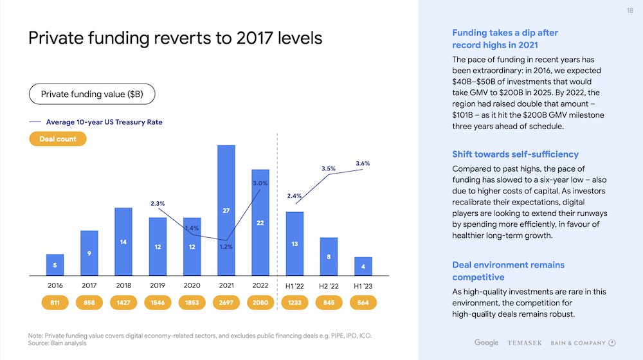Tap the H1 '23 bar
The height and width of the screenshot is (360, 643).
click(363, 265)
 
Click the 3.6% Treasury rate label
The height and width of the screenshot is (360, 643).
click(363, 164)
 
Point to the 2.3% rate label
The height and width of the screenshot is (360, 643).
click(158, 204)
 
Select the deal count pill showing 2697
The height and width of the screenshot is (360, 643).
click(226, 303)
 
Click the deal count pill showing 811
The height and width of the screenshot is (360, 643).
click(55, 303)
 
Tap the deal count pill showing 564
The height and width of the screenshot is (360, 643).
click(363, 303)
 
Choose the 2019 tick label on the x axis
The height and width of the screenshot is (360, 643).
click(158, 285)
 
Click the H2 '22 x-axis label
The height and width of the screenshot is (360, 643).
click(329, 285)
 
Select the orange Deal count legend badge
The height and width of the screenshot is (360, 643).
click(58, 139)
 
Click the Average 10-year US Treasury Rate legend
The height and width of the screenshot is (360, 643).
click(103, 122)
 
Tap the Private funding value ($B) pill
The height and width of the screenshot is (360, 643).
click(92, 94)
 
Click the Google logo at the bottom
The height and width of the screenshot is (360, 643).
click(487, 343)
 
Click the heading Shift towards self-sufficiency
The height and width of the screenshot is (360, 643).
click(515, 154)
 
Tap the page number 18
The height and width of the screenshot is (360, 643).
click(629, 11)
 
